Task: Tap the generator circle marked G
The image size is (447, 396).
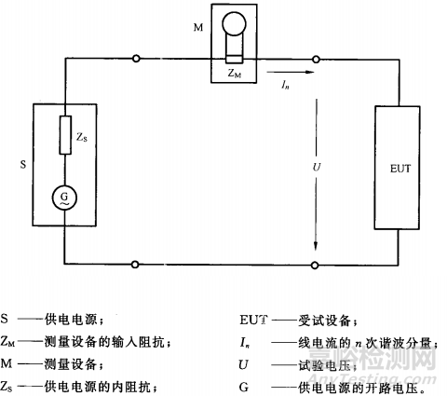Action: pos(64,198)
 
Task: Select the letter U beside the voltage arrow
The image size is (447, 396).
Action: pos(298,169)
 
